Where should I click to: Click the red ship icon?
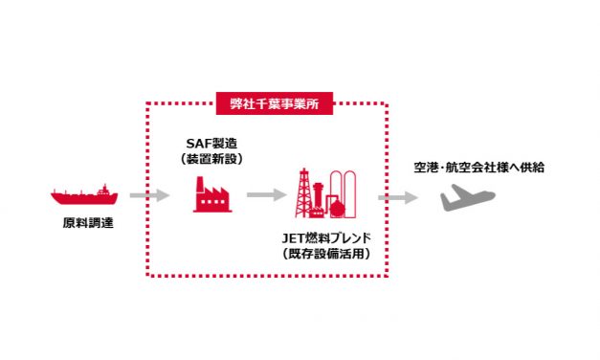pos(85,196)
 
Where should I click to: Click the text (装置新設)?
pos(211,159)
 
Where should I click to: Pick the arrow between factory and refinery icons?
pos(266,195)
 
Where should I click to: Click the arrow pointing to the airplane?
pos(397,197)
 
